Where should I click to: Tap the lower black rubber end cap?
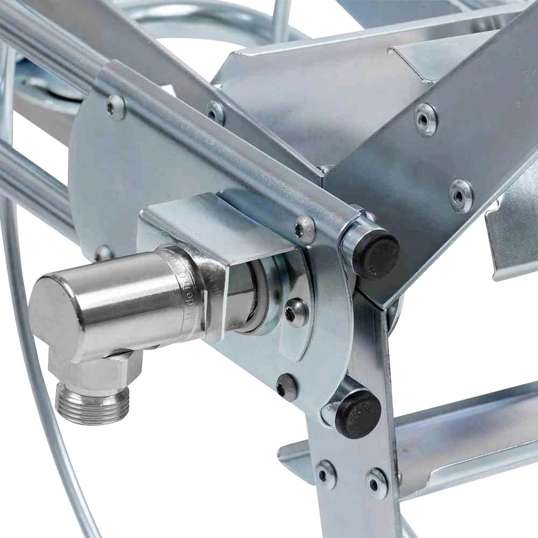click(358, 413)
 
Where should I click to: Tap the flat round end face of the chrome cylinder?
click(51, 312)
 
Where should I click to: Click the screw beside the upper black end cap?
click(304, 229)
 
